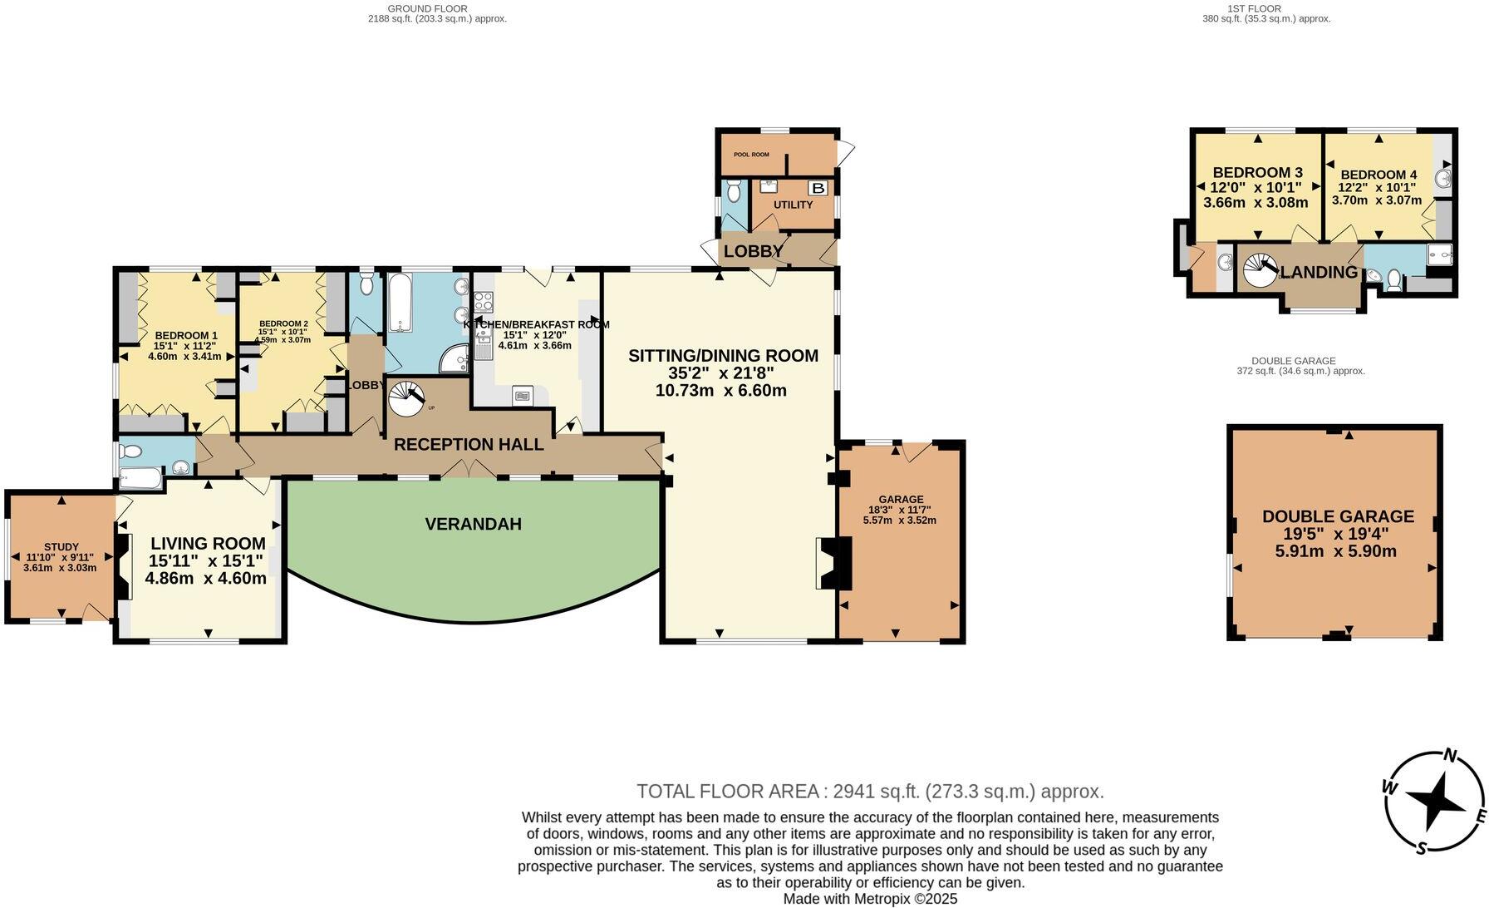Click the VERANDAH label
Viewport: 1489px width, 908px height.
tap(473, 524)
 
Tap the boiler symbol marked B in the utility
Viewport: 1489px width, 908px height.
tap(818, 188)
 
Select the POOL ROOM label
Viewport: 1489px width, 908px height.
tap(750, 155)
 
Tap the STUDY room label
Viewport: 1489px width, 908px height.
tap(62, 547)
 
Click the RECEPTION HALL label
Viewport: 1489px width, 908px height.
tap(469, 445)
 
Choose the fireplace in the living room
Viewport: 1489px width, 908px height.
tap(124, 566)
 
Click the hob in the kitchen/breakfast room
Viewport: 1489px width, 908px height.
tap(484, 302)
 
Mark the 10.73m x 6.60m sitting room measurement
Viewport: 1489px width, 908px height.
tap(720, 391)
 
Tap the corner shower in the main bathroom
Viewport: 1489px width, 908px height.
tap(454, 359)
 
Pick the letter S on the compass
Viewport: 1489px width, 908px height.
tap(1422, 848)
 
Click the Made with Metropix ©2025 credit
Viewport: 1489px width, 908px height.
tap(870, 899)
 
